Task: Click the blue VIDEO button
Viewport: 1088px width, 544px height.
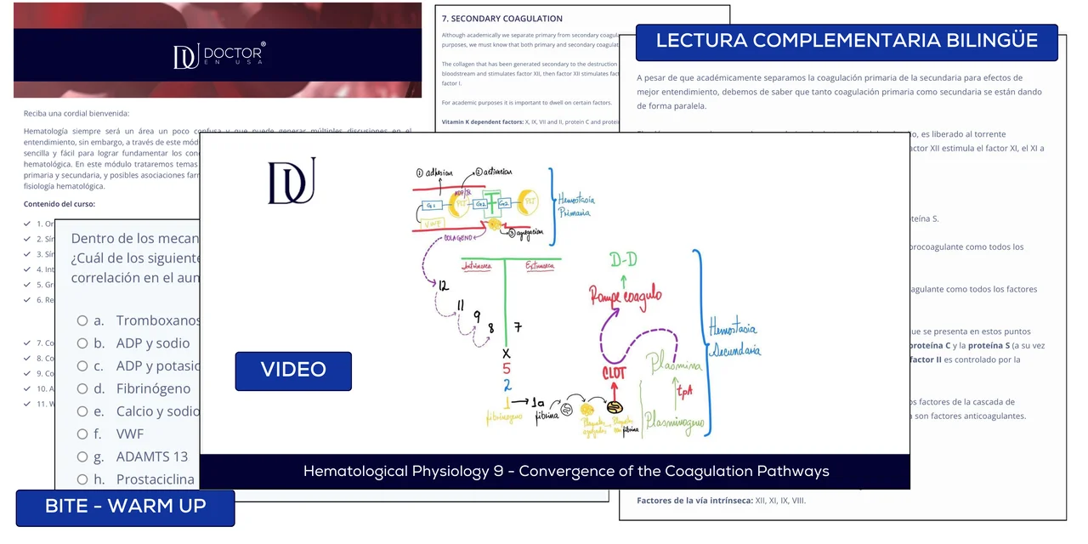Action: point(293,371)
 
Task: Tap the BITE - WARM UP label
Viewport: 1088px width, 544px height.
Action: point(125,507)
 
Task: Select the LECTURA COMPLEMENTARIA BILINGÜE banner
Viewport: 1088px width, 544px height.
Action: point(847,42)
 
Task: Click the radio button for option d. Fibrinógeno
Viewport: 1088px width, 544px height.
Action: point(82,388)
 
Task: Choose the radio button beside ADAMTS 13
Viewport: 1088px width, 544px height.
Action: point(82,456)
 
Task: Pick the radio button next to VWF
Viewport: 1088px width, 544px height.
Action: point(82,433)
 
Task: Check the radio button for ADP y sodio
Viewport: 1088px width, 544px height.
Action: point(82,343)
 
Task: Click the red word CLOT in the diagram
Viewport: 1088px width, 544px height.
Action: point(614,372)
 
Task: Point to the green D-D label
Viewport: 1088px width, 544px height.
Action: point(624,260)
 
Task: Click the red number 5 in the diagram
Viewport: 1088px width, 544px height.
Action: point(506,370)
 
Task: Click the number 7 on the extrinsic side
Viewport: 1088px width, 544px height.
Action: point(518,327)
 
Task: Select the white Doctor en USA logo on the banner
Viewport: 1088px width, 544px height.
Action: point(218,55)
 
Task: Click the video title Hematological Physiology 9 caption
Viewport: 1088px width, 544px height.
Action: point(566,471)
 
